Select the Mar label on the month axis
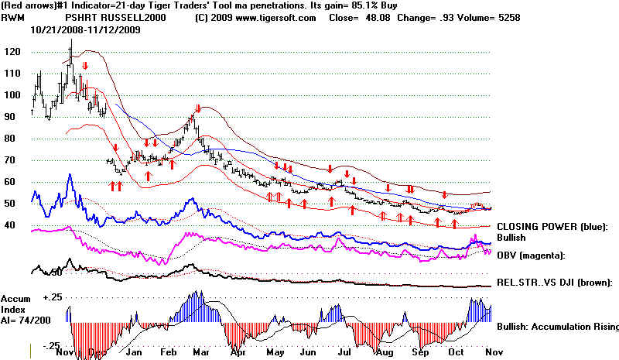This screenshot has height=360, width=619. click(x=200, y=352)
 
